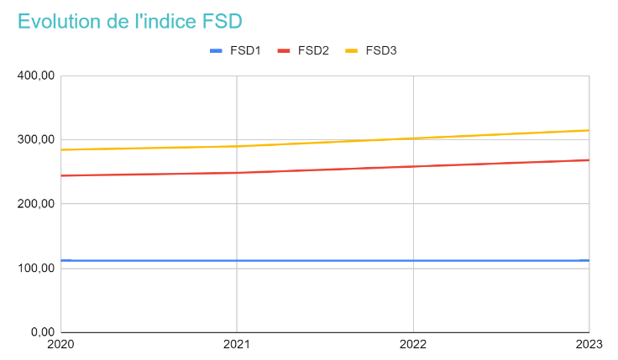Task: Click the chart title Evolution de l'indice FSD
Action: (x=135, y=21)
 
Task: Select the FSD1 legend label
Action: (x=246, y=50)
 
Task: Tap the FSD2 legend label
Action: (x=312, y=50)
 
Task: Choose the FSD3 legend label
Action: (x=381, y=50)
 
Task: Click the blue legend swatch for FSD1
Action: (x=217, y=50)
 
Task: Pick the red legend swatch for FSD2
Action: (x=284, y=50)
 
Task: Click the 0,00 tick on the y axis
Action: (x=42, y=332)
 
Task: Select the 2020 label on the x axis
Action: (x=61, y=345)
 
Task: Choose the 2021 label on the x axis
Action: (x=237, y=345)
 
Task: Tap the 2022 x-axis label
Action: (x=413, y=345)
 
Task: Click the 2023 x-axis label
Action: (x=589, y=345)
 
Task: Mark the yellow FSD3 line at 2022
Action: (x=413, y=138)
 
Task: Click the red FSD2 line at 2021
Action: (x=237, y=173)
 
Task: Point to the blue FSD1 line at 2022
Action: (x=413, y=260)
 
